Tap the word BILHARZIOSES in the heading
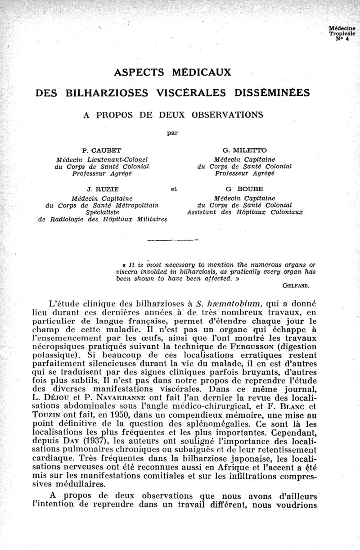click(x=107, y=93)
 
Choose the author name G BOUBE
click(x=245, y=189)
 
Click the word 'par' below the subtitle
click(x=172, y=133)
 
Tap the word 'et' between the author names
click(x=174, y=189)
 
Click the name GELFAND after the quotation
click(x=299, y=285)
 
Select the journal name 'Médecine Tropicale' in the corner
click(x=342, y=31)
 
